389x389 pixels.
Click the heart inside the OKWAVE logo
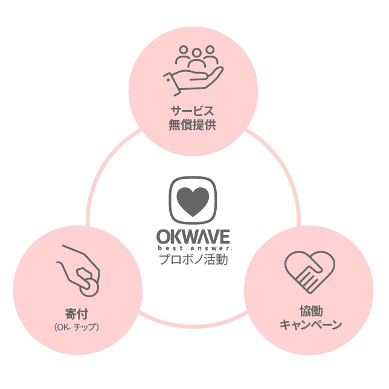click(x=194, y=199)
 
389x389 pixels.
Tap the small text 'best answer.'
click(x=194, y=248)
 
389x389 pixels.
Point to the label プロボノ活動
click(x=194, y=260)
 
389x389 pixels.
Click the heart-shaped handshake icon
click(x=309, y=272)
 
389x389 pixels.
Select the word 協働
click(x=310, y=311)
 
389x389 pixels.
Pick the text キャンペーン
click(x=310, y=325)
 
